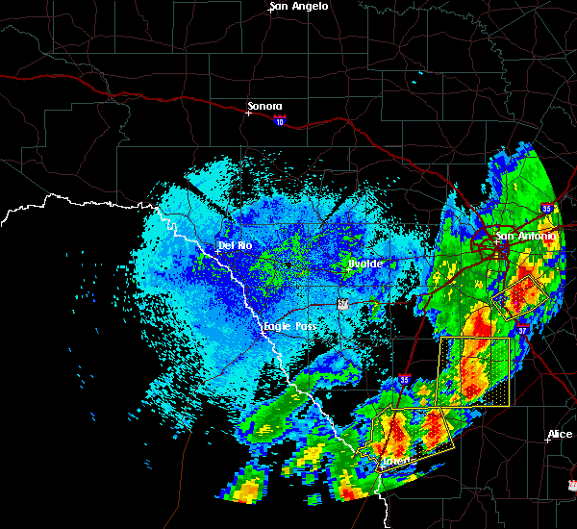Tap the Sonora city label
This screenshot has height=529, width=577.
click(x=264, y=106)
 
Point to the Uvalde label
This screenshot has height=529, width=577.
click(x=366, y=264)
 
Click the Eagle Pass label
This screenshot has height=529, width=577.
click(x=290, y=327)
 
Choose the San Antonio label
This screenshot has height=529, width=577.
click(x=525, y=236)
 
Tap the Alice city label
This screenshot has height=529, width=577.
click(x=561, y=435)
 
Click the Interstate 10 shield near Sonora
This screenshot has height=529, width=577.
click(x=279, y=121)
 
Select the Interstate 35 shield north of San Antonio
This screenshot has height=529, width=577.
click(x=546, y=208)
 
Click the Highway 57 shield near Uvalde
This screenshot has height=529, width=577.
click(x=343, y=304)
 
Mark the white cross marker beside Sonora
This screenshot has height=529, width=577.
click(x=248, y=113)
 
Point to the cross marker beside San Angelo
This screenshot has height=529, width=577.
click(x=270, y=13)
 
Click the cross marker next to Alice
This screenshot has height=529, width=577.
click(x=546, y=441)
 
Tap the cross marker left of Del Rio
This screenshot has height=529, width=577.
click(x=218, y=252)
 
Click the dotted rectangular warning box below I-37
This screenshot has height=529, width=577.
click(x=473, y=371)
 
